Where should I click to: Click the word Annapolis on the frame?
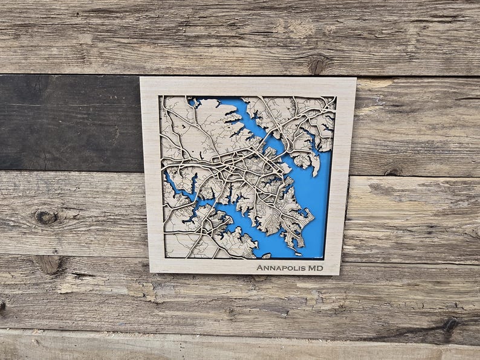tap(281, 268)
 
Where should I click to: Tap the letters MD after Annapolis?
tap(316, 268)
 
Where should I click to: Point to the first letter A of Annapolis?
tap(259, 268)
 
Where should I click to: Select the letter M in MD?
tap(312, 268)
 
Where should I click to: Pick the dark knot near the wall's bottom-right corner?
tap(450, 324)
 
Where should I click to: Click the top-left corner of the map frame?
tap(141, 78)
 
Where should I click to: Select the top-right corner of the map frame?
tap(355, 78)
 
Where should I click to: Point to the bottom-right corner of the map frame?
tap(339, 275)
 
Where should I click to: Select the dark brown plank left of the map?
tap(66, 124)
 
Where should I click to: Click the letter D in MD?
tap(320, 268)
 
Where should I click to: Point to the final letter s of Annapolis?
tap(302, 268)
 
